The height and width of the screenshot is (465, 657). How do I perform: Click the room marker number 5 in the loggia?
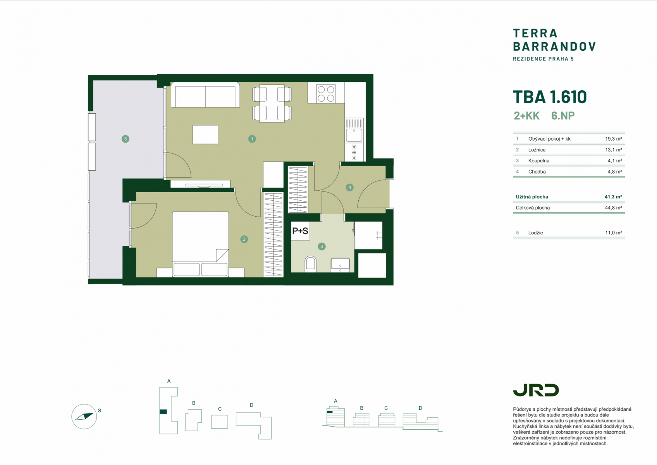coord(125,139)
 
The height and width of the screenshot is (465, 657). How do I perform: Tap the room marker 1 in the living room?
coord(252,139)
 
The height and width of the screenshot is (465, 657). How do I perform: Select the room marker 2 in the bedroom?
coord(244,239)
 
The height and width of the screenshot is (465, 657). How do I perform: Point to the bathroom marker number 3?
coord(322,246)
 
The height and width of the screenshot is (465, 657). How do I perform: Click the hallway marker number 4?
coord(349,188)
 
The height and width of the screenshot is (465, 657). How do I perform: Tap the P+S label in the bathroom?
coord(300,231)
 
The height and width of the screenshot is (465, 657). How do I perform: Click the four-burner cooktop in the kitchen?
coord(326,93)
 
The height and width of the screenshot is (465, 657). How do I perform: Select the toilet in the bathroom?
coord(311,264)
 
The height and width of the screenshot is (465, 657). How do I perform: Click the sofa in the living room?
coord(205,95)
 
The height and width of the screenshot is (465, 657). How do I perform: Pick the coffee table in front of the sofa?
coord(205,135)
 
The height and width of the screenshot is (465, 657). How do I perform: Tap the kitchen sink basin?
coord(354,135)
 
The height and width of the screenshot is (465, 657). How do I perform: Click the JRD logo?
coord(536,390)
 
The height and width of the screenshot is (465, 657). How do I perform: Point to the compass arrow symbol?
coord(84,416)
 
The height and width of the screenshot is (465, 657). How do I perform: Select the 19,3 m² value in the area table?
coord(613,139)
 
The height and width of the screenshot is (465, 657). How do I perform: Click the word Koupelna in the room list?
coord(539,161)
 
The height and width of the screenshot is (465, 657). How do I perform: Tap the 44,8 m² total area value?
coord(613,208)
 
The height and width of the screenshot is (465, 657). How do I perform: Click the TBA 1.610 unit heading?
coord(550,97)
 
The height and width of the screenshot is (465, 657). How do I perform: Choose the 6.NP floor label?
coord(563,116)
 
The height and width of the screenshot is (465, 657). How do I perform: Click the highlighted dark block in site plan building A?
coord(163,412)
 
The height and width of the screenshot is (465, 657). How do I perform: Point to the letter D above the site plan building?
coord(251,405)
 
